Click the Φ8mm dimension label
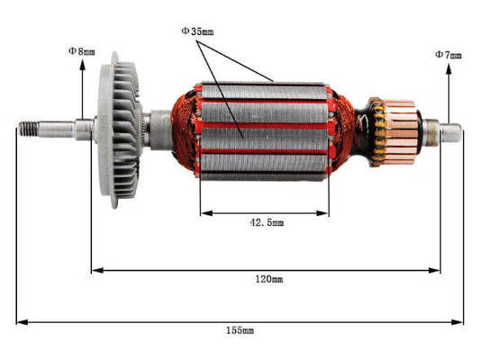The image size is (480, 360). (x=81, y=51)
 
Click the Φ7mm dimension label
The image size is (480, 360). (x=448, y=55)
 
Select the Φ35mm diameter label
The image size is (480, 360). (x=197, y=31)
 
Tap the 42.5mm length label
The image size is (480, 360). (x=265, y=222)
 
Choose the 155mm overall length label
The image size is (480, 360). (x=240, y=330)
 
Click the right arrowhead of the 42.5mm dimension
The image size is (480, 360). (x=325, y=213)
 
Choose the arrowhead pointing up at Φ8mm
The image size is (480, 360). (x=93, y=64)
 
